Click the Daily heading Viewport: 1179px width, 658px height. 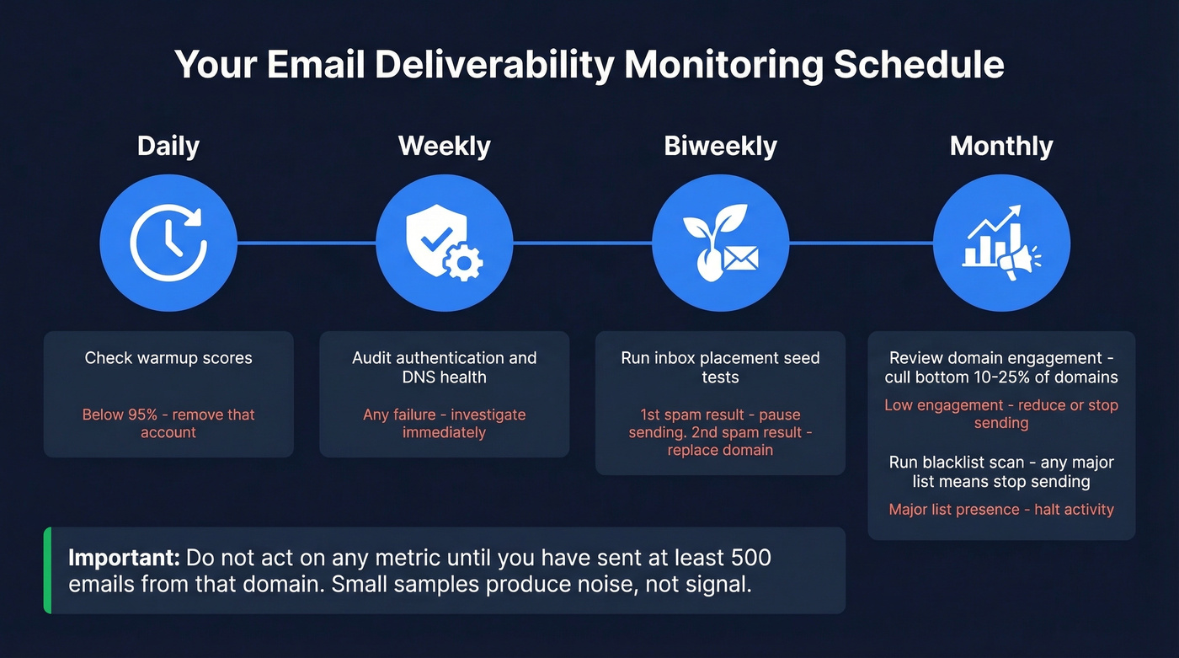coord(168,146)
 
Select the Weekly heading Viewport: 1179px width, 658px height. coord(444,146)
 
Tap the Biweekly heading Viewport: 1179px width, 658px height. coord(720,146)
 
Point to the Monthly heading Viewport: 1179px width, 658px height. coord(1001,146)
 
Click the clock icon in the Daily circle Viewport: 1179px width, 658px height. coord(168,243)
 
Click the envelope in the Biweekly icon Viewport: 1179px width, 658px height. coord(740,258)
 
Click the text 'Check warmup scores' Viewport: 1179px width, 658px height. coord(168,358)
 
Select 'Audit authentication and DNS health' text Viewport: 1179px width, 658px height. coord(444,367)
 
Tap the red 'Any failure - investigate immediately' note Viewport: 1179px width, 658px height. coord(444,423)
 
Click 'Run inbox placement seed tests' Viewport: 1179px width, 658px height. coord(720,367)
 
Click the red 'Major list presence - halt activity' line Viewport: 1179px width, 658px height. coord(1001,509)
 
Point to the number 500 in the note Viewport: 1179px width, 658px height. coord(749,558)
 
